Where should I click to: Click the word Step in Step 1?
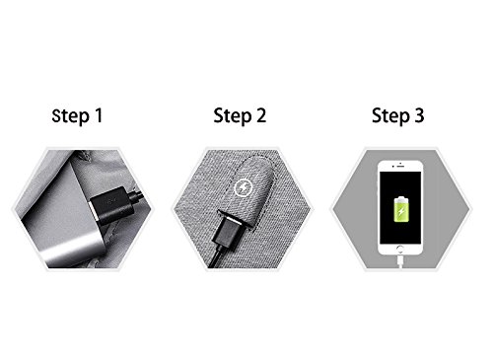[71, 116]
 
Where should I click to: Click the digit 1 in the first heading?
[99, 115]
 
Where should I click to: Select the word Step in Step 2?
[233, 116]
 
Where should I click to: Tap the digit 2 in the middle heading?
[261, 115]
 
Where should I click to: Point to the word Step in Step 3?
[390, 116]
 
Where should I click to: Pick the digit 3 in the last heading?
[419, 115]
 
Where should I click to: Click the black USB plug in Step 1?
[111, 205]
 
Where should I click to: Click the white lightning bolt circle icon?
[244, 188]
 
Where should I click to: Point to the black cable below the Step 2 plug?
[215, 256]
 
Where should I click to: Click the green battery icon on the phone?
[401, 209]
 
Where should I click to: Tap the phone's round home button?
[400, 249]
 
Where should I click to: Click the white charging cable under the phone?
[400, 261]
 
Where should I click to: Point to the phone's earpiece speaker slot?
[400, 167]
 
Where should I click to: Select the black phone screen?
[400, 207]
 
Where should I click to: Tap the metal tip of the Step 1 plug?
[94, 214]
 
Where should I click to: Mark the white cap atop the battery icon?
[401, 197]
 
